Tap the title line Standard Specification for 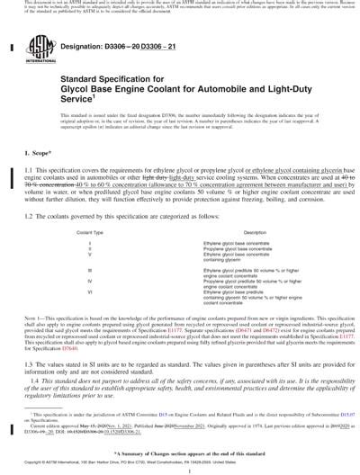[x=99, y=79]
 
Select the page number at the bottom [x=180, y=469]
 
